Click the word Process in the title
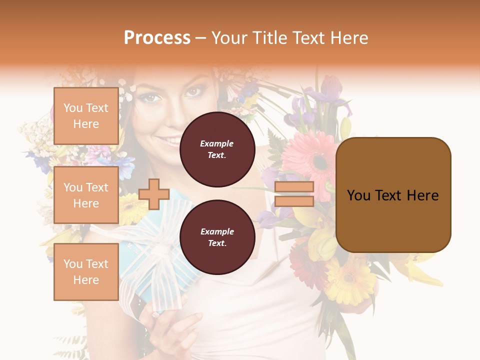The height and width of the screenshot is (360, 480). (x=157, y=38)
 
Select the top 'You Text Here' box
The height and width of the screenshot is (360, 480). (x=86, y=116)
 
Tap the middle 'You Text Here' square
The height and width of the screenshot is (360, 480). (x=86, y=195)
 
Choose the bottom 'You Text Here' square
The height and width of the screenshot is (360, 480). (x=86, y=271)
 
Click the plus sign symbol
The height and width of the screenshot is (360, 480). (x=154, y=194)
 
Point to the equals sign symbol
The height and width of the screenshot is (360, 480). (x=294, y=194)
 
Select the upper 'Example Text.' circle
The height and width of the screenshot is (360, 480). (x=217, y=149)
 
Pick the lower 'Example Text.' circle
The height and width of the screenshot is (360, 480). (x=217, y=237)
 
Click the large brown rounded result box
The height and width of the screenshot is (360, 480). (x=393, y=195)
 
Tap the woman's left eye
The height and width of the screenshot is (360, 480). (x=193, y=92)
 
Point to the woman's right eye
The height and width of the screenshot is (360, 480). (x=150, y=97)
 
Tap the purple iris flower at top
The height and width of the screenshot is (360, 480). (x=327, y=95)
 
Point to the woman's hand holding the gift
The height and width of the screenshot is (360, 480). (x=170, y=325)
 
